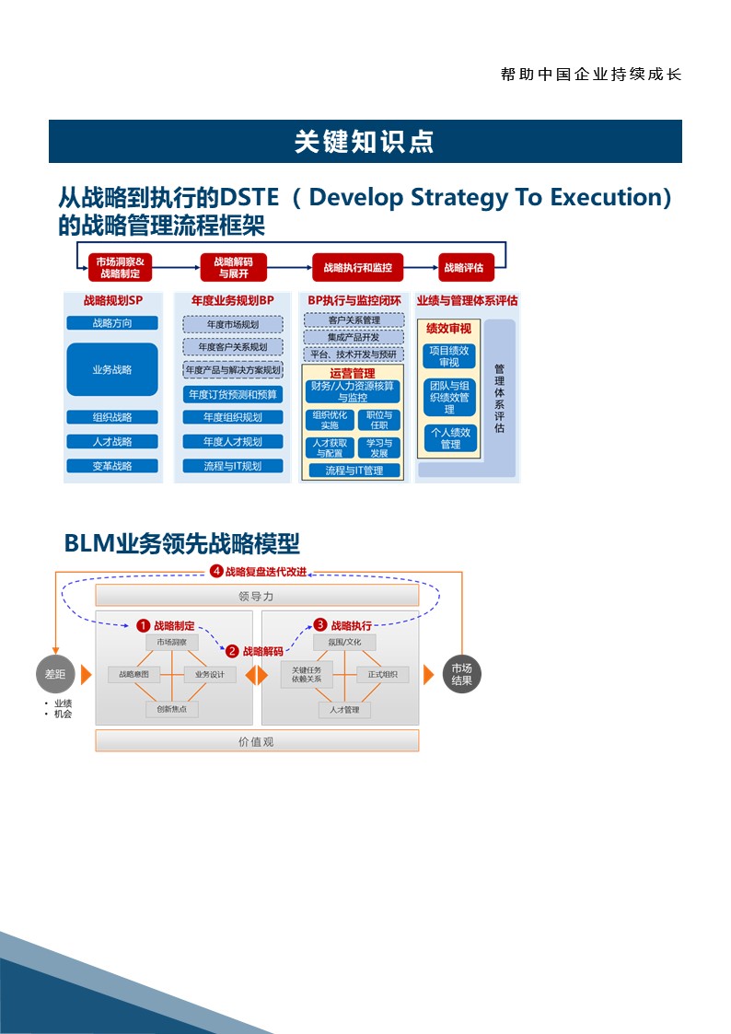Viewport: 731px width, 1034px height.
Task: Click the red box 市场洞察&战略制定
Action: click(x=121, y=267)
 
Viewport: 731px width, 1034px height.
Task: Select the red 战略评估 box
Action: click(x=466, y=267)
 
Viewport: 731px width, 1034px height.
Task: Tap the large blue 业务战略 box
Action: click(x=112, y=369)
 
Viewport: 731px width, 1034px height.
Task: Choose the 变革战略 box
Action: click(x=112, y=466)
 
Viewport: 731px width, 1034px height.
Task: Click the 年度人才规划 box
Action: click(x=233, y=442)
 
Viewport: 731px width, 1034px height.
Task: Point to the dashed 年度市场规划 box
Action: click(x=233, y=324)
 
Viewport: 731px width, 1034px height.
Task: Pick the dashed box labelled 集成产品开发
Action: click(x=354, y=337)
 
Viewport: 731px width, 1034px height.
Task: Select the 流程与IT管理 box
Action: click(x=354, y=471)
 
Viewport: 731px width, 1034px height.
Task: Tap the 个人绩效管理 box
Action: click(x=449, y=438)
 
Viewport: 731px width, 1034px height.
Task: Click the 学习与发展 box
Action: click(x=379, y=448)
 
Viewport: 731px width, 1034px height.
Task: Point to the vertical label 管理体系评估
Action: click(x=499, y=398)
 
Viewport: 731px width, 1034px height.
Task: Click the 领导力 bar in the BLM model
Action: click(x=256, y=596)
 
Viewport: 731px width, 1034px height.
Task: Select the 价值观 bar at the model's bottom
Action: click(x=256, y=741)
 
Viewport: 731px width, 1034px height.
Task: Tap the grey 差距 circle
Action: click(x=55, y=674)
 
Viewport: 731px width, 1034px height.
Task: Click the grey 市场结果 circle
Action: click(x=462, y=675)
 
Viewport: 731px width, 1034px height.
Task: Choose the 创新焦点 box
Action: click(x=172, y=709)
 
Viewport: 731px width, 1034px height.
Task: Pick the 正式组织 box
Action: click(x=383, y=675)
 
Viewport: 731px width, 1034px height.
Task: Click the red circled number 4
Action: click(x=216, y=571)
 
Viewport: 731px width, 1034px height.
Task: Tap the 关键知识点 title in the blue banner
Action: click(x=365, y=142)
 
